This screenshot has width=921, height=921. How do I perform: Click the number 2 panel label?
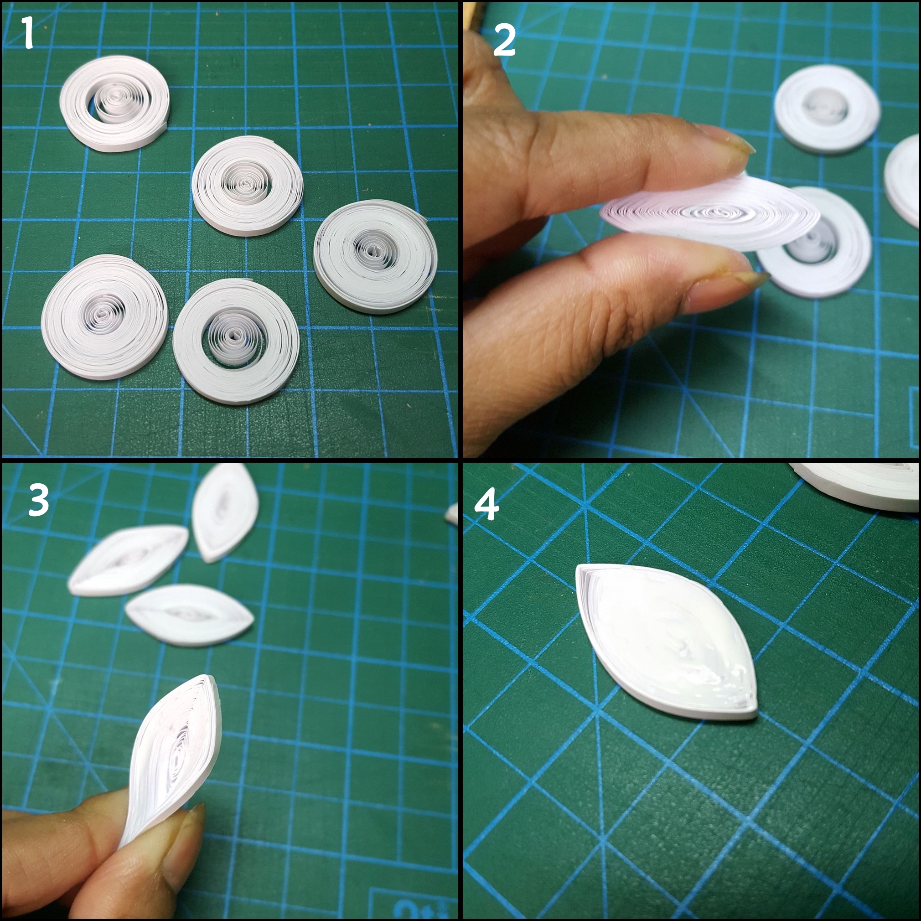504,41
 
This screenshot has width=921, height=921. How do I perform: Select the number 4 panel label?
486,506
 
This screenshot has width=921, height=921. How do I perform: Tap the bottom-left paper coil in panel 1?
104,317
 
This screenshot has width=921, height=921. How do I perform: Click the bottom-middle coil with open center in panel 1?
236,341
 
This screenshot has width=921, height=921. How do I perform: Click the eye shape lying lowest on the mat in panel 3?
190,615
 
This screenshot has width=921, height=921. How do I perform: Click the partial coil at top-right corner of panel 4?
858,484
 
